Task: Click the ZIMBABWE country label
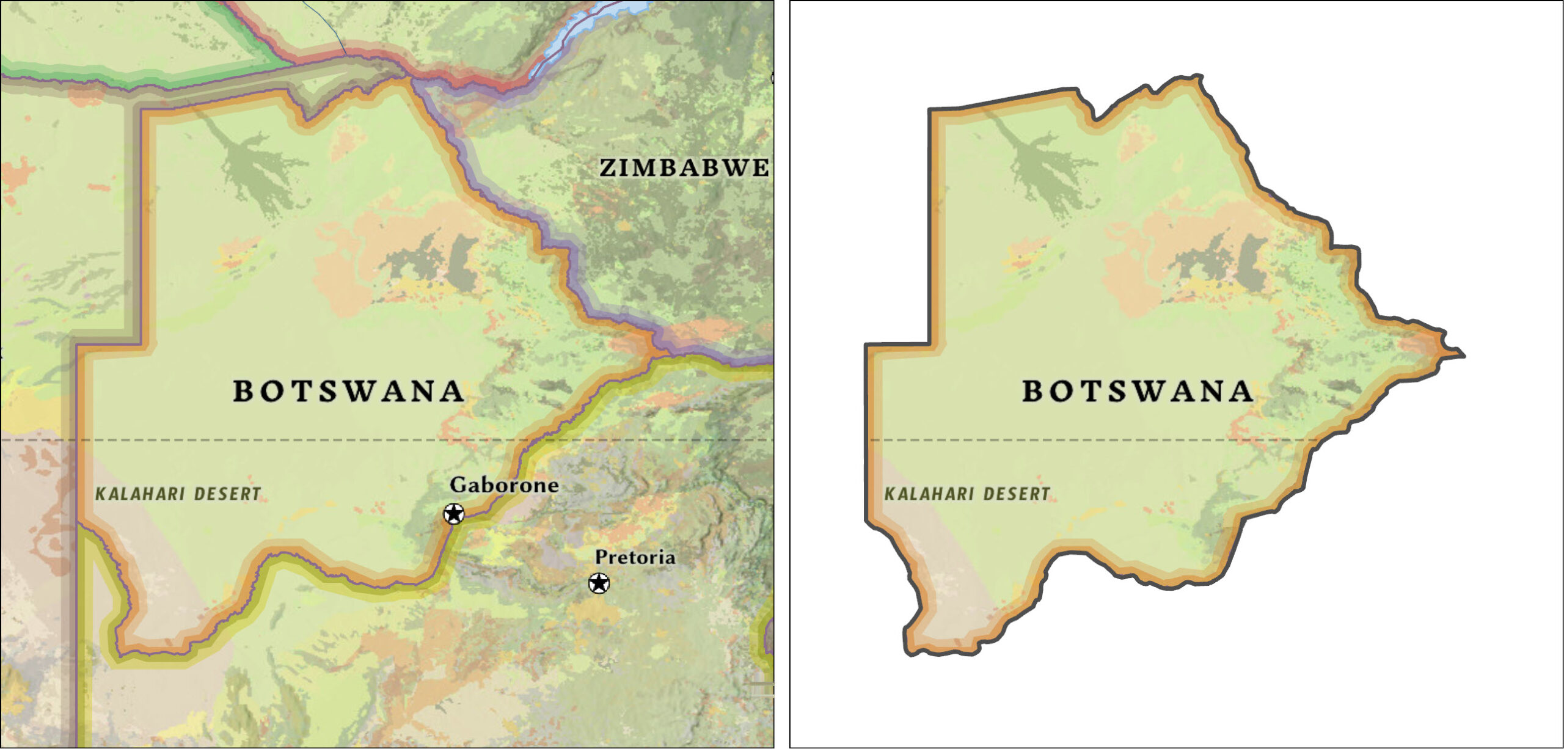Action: tap(684, 168)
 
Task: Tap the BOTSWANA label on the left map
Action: tap(348, 392)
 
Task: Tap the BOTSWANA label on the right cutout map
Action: tap(1138, 392)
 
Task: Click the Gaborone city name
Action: tap(504, 485)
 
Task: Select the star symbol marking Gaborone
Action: tap(453, 514)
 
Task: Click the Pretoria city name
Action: tap(635, 557)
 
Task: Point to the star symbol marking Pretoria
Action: tap(599, 583)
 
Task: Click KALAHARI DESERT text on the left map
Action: tap(178, 494)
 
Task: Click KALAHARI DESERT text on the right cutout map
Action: tap(968, 494)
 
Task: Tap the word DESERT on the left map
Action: tap(227, 494)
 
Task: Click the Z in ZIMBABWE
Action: tap(608, 168)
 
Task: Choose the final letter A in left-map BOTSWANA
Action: tap(451, 392)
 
